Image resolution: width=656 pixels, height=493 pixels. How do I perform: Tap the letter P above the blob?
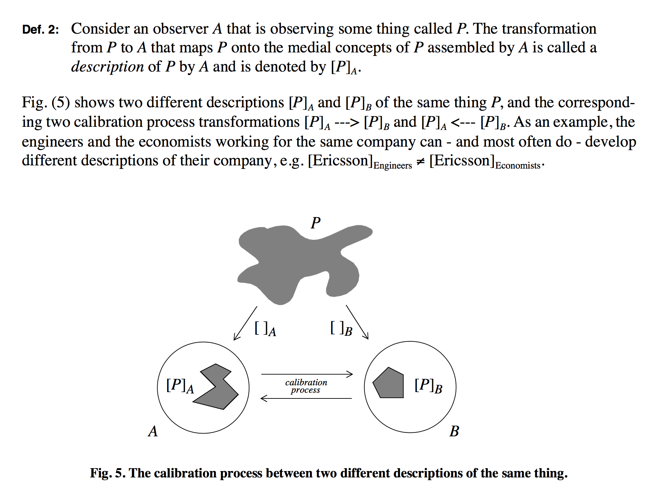[x=315, y=223]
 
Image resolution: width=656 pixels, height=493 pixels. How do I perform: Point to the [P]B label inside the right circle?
[x=428, y=386]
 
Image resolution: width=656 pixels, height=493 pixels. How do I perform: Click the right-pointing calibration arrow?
[x=307, y=374]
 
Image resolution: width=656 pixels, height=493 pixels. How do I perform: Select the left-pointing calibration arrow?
[x=306, y=398]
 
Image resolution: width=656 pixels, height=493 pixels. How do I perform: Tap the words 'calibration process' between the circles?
[x=306, y=386]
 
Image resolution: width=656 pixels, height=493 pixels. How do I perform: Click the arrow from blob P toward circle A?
[x=245, y=323]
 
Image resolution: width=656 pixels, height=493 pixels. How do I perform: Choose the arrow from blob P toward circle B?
[x=357, y=322]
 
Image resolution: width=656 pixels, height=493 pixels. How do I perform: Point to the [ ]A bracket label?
[x=265, y=329]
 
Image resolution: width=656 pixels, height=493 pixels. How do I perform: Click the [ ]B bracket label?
[x=341, y=329]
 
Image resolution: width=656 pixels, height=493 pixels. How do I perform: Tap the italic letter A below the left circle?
[x=153, y=431]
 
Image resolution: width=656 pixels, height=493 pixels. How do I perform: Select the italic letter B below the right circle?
[x=454, y=431]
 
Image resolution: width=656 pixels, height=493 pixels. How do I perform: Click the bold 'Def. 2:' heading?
[x=40, y=29]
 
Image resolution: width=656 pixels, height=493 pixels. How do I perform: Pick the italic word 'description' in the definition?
[x=107, y=67]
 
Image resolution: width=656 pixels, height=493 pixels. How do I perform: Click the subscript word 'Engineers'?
[x=392, y=165]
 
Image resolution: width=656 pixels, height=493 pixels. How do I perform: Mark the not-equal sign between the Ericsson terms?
[x=420, y=161]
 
